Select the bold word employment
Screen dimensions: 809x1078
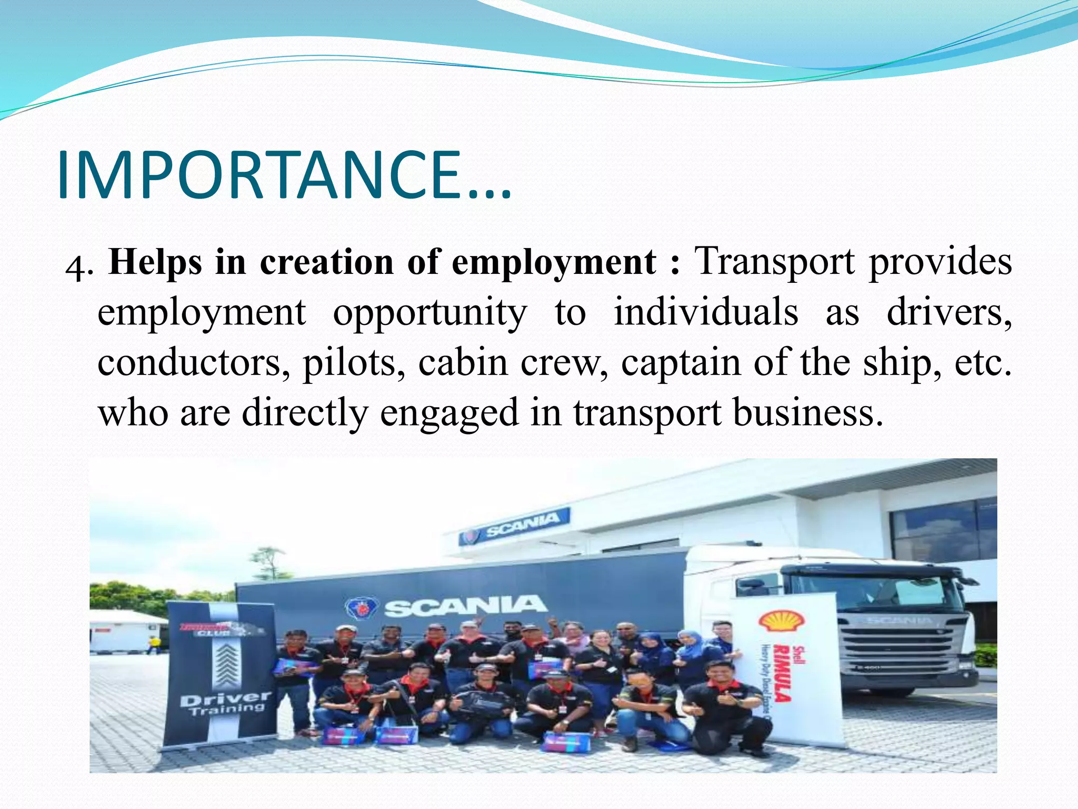tap(554, 262)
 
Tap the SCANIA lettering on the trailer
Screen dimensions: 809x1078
tap(463, 606)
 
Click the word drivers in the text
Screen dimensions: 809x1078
tap(949, 313)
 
